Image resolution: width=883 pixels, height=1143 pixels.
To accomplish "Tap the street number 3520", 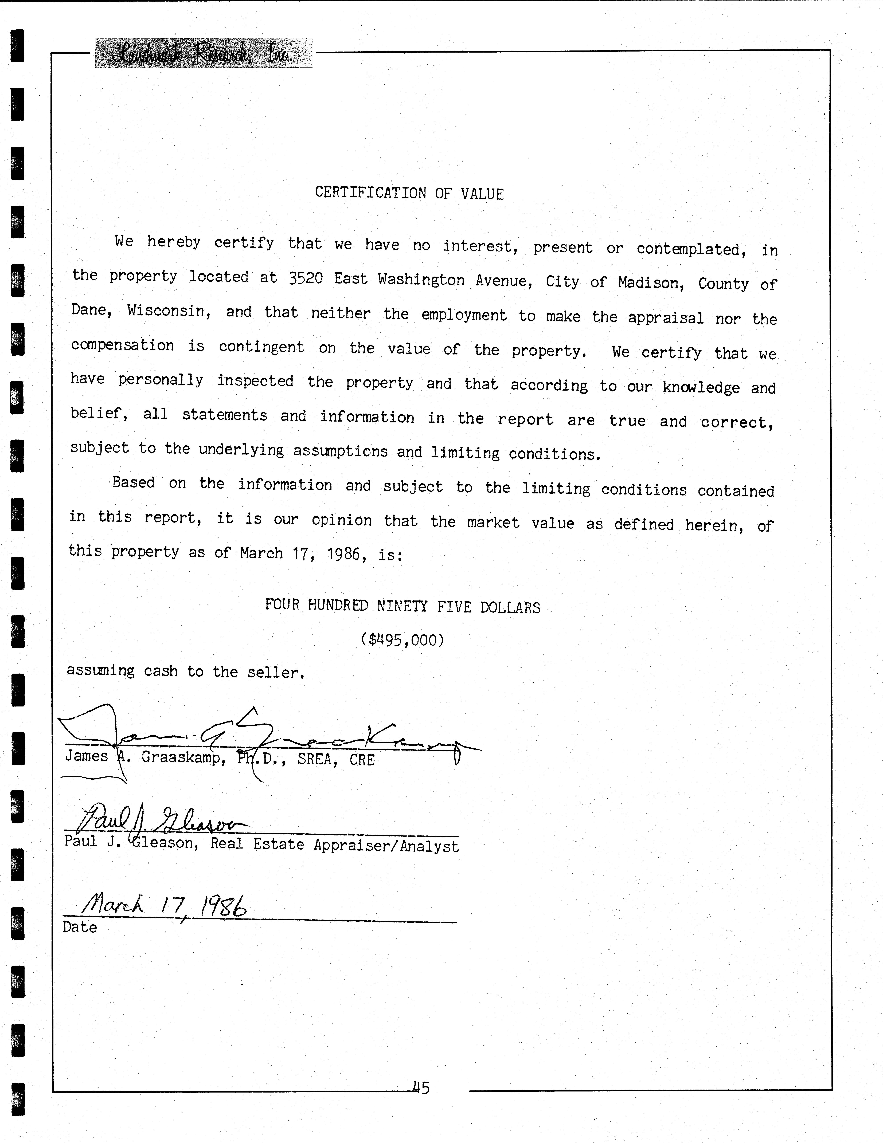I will click(x=306, y=278).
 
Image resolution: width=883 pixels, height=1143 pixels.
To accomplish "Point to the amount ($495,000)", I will click(x=402, y=639).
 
